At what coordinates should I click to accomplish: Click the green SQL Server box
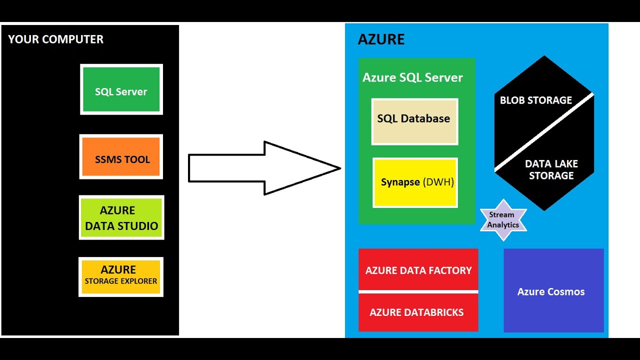[x=121, y=89]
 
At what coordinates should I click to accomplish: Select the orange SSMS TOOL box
[x=121, y=157]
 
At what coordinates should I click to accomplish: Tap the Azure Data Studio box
[x=121, y=218]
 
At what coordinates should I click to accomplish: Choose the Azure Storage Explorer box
[x=121, y=276]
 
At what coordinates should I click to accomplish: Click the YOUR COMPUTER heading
[x=55, y=39]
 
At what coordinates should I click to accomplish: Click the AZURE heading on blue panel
[x=381, y=39]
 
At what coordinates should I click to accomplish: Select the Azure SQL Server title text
[x=412, y=77]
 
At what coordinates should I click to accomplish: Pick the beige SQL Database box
[x=414, y=121]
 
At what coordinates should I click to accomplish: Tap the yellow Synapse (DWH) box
[x=415, y=182]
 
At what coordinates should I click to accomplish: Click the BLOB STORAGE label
[x=535, y=100]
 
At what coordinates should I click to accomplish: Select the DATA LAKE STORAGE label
[x=551, y=170]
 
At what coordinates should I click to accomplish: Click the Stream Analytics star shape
[x=503, y=220]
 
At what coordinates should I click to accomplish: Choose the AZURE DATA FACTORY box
[x=418, y=270]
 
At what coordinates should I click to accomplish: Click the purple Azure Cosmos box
[x=553, y=291]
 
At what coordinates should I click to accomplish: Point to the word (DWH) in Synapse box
[x=438, y=182]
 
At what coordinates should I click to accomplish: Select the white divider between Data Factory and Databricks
[x=418, y=291]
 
